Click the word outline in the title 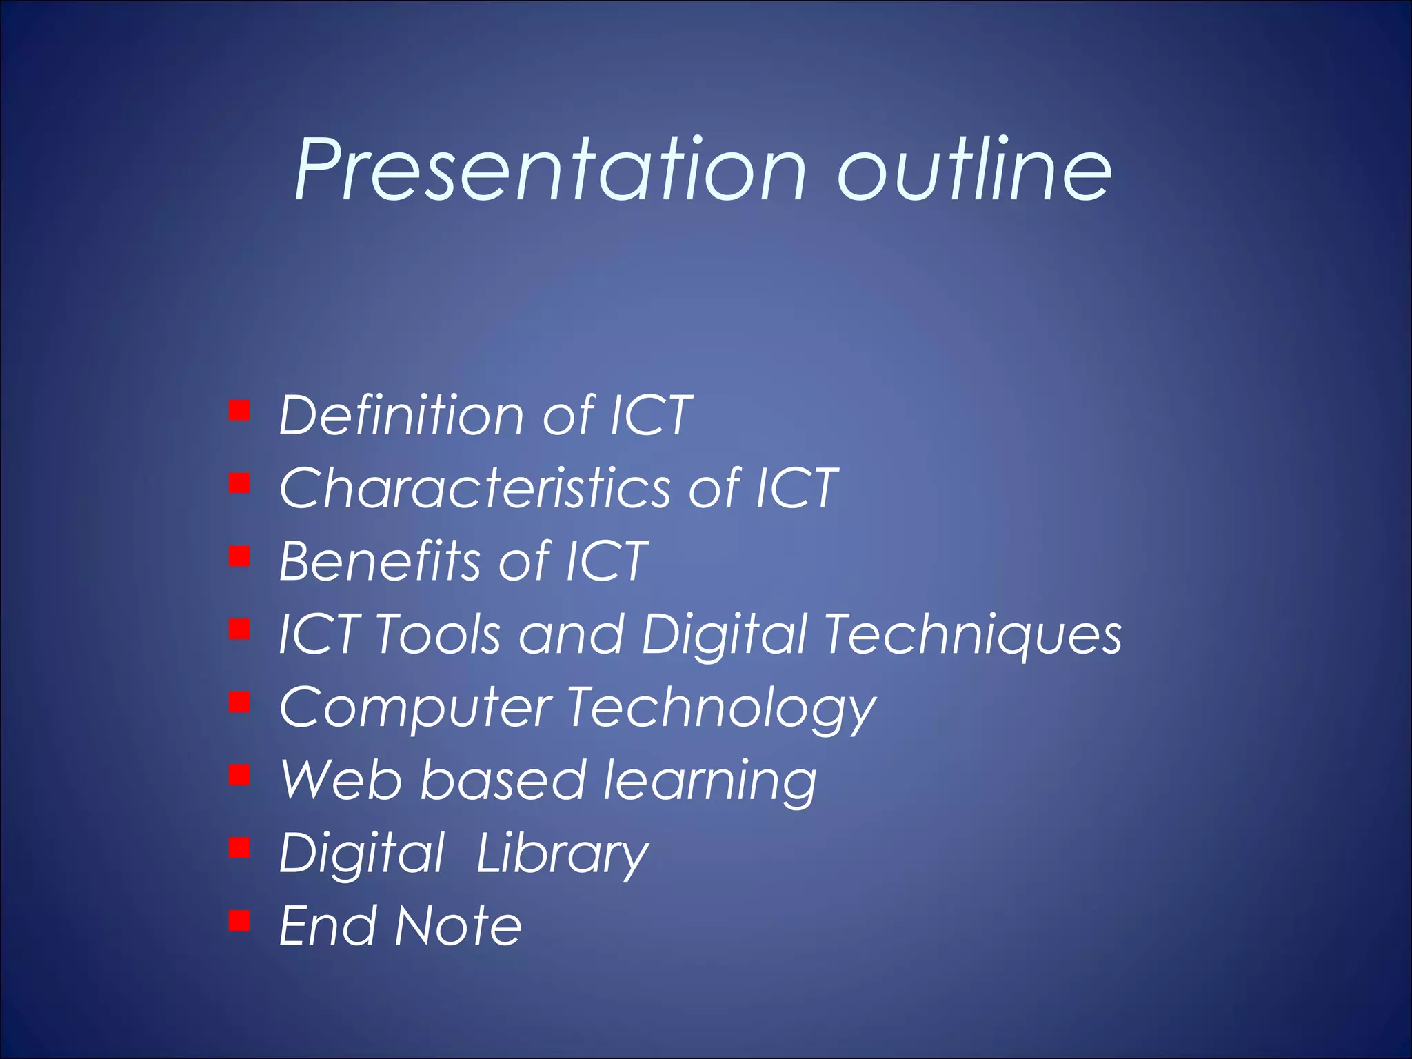pos(974,170)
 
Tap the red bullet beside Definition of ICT pos(239,410)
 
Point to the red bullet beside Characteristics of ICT pos(239,483)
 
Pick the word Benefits pos(380,561)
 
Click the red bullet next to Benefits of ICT pos(239,556)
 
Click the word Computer pos(415,709)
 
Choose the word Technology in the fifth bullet pos(721,709)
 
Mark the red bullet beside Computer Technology pos(239,703)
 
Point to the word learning pos(710,782)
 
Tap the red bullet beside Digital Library pos(239,847)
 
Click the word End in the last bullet pos(328,926)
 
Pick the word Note pos(458,926)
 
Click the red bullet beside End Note pos(239,920)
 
